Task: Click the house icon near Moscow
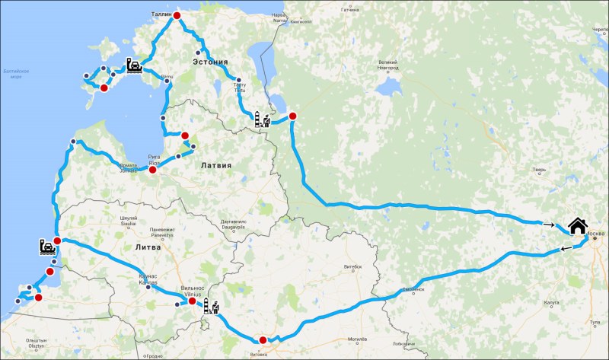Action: click(x=577, y=227)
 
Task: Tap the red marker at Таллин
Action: click(x=177, y=16)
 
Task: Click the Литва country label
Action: click(x=147, y=247)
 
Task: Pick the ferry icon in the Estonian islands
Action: click(x=134, y=66)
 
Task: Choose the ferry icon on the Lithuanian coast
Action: click(x=46, y=247)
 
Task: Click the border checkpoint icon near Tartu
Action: click(x=262, y=120)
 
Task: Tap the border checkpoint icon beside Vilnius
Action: click(x=210, y=308)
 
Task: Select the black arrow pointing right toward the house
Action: click(x=549, y=225)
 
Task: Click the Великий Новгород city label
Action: click(x=388, y=65)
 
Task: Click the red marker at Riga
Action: click(x=152, y=170)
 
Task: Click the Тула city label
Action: click(x=594, y=323)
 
